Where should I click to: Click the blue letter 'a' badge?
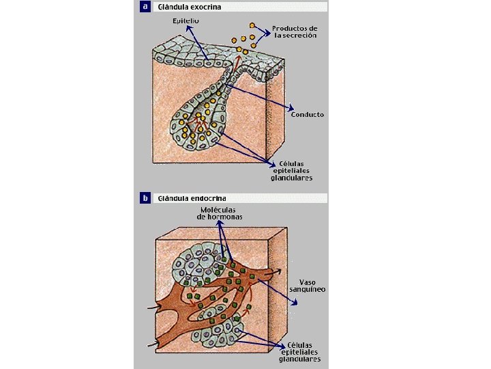pyautogui.click(x=145, y=7)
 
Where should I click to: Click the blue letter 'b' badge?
pyautogui.click(x=145, y=199)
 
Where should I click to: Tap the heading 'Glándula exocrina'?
pyautogui.click(x=189, y=7)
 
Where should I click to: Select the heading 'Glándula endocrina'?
pyautogui.click(x=192, y=199)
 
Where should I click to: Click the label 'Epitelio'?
pyautogui.click(x=185, y=21)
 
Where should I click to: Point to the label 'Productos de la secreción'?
pyautogui.click(x=295, y=32)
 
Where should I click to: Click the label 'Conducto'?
pyautogui.click(x=308, y=114)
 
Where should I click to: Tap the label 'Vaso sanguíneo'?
pyautogui.click(x=312, y=286)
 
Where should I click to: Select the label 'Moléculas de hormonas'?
pyautogui.click(x=220, y=213)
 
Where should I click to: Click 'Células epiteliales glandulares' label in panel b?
pyautogui.click(x=299, y=351)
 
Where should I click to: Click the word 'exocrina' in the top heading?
pyautogui.click(x=207, y=7)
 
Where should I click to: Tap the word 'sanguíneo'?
pyautogui.click(x=312, y=290)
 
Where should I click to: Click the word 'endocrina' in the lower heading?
pyautogui.click(x=209, y=199)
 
